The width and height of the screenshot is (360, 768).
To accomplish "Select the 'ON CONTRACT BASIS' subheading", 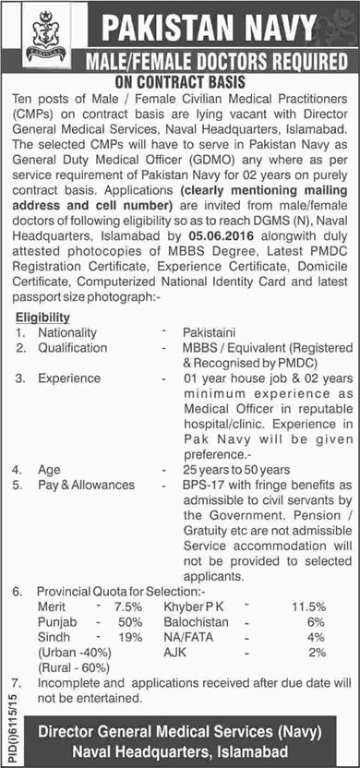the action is click(x=179, y=81).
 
